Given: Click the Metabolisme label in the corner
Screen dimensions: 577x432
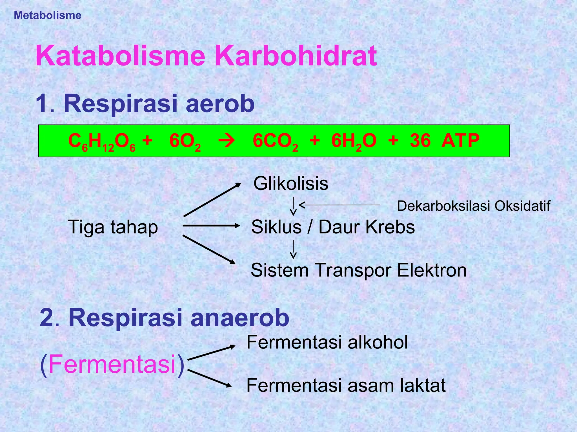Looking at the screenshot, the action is click(x=47, y=15).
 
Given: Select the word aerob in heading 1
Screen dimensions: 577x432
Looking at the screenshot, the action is click(x=220, y=103).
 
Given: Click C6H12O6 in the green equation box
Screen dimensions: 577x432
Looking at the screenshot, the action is click(x=102, y=141).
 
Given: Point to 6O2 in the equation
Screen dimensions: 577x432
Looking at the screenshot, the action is click(x=185, y=141).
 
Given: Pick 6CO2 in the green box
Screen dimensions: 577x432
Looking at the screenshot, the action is click(x=275, y=141).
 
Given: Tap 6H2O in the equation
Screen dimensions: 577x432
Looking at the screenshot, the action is click(x=354, y=141).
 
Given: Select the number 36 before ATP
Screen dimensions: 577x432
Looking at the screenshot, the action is click(x=420, y=141).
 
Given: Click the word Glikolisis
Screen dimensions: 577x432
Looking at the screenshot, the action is click(x=291, y=184).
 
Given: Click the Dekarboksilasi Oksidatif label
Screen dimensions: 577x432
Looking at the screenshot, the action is click(x=473, y=206).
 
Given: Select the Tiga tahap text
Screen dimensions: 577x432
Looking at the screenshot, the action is click(x=113, y=227).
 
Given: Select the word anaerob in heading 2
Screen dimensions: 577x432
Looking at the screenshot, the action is click(x=240, y=318).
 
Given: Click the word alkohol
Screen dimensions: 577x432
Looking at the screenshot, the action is click(x=378, y=343).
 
